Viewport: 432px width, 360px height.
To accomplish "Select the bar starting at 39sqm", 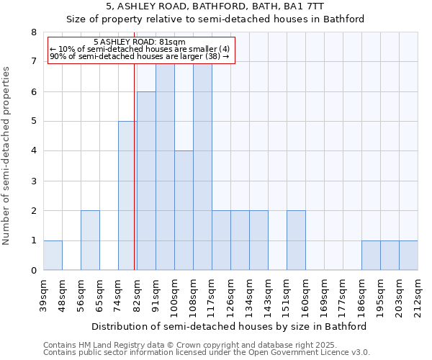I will [x=53, y=256].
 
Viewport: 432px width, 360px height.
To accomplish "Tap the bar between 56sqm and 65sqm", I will [x=90, y=240].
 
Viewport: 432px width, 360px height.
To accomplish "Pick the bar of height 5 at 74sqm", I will [x=127, y=196].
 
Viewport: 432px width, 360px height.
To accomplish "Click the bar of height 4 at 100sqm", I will [x=184, y=210].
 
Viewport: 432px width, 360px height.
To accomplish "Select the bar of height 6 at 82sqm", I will [x=146, y=181].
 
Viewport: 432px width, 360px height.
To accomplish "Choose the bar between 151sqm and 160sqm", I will [x=296, y=240].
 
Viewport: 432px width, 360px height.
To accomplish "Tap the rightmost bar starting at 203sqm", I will [x=408, y=256].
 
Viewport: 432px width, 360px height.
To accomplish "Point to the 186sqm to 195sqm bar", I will [x=371, y=256].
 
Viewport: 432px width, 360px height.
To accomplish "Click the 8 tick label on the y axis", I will [x=33, y=32].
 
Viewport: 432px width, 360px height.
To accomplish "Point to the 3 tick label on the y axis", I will [x=33, y=181].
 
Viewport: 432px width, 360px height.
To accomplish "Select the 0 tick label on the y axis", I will [x=33, y=271].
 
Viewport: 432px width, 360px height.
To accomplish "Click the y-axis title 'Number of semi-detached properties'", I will [x=7, y=156].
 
